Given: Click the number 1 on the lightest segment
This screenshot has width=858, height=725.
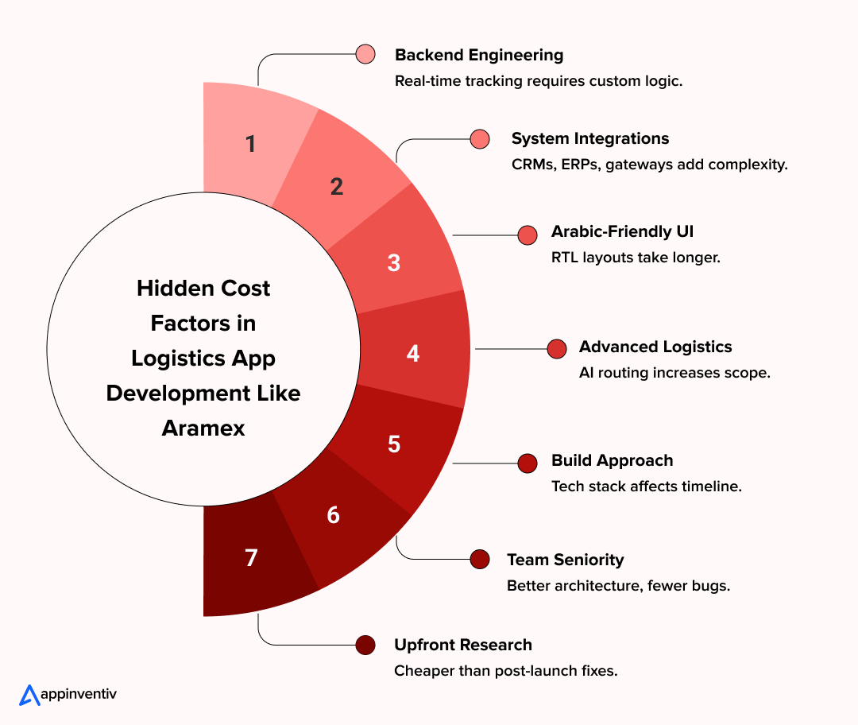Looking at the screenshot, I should (x=251, y=145).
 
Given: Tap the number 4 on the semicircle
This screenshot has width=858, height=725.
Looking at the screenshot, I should (x=413, y=353).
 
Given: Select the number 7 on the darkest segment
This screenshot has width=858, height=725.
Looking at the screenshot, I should (x=251, y=558).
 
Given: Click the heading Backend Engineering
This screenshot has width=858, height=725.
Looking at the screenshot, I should (x=479, y=55).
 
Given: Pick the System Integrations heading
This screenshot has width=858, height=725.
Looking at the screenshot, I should (x=590, y=138).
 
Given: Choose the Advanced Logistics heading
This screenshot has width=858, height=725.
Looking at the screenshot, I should (x=655, y=347).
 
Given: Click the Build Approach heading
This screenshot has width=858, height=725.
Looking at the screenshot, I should (x=612, y=460).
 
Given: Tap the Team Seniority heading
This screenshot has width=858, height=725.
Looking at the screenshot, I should (x=566, y=560).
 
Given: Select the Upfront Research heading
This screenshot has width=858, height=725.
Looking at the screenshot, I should (x=463, y=645).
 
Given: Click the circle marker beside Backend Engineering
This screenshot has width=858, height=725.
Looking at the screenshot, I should (x=365, y=54).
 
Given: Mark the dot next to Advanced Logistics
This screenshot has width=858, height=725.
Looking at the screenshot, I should (x=557, y=349).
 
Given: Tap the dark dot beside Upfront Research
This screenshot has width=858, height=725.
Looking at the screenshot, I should (x=365, y=646).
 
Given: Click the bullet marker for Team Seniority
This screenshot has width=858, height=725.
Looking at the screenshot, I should (x=480, y=559).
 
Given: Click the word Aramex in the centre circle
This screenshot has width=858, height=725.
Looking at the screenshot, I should (x=203, y=428).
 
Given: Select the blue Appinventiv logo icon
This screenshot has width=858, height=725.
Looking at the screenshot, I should (x=29, y=695).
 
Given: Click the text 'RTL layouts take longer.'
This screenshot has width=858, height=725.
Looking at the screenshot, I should (x=636, y=258).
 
